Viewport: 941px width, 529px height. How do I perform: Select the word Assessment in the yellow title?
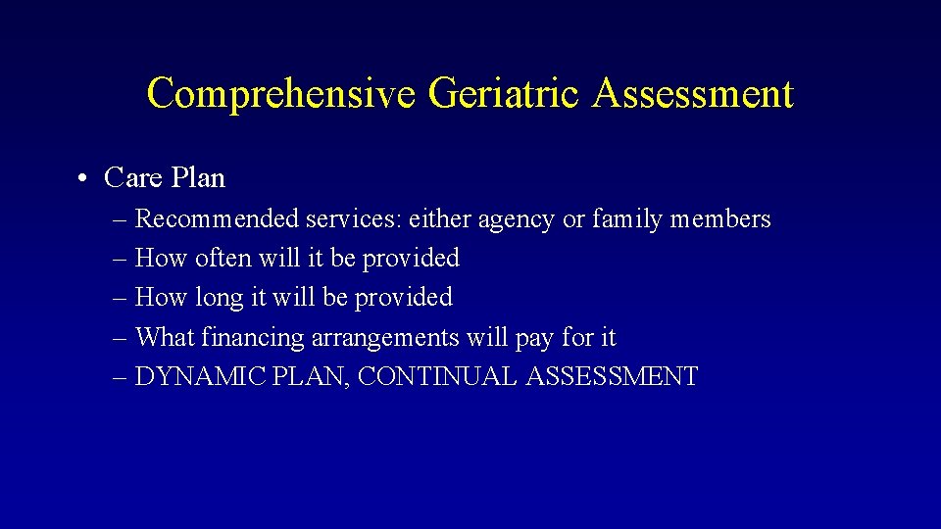(692, 94)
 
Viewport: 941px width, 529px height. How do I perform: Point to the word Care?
(133, 178)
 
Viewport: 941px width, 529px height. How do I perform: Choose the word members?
(720, 219)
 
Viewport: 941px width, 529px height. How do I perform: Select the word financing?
(253, 339)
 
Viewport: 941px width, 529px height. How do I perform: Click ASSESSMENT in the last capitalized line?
(612, 377)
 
